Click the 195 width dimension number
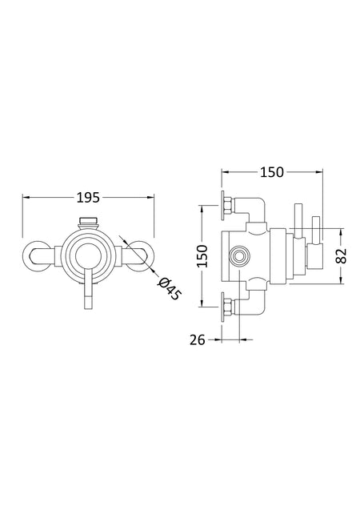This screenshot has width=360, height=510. point(88,198)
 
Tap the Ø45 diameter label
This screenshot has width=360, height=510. point(169,289)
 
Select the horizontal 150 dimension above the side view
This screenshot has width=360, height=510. point(272,172)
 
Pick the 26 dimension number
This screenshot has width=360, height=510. point(198,340)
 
